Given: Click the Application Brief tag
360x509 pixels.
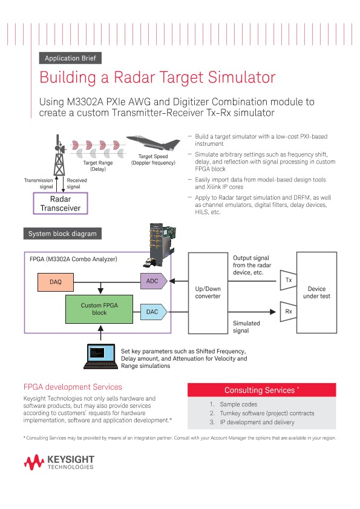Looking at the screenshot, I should [x=70, y=58].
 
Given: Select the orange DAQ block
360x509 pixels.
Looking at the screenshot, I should [x=56, y=281].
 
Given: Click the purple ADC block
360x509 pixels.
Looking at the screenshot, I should [x=152, y=281].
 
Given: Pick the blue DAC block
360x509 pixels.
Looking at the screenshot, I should [x=152, y=312].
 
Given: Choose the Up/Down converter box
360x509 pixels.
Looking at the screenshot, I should [x=208, y=293].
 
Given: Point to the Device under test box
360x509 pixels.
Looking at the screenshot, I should [x=316, y=293].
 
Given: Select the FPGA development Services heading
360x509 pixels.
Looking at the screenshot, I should [x=73, y=387].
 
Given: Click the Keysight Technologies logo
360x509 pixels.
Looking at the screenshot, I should [x=59, y=464].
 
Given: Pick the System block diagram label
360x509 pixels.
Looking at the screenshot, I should [x=62, y=234].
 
